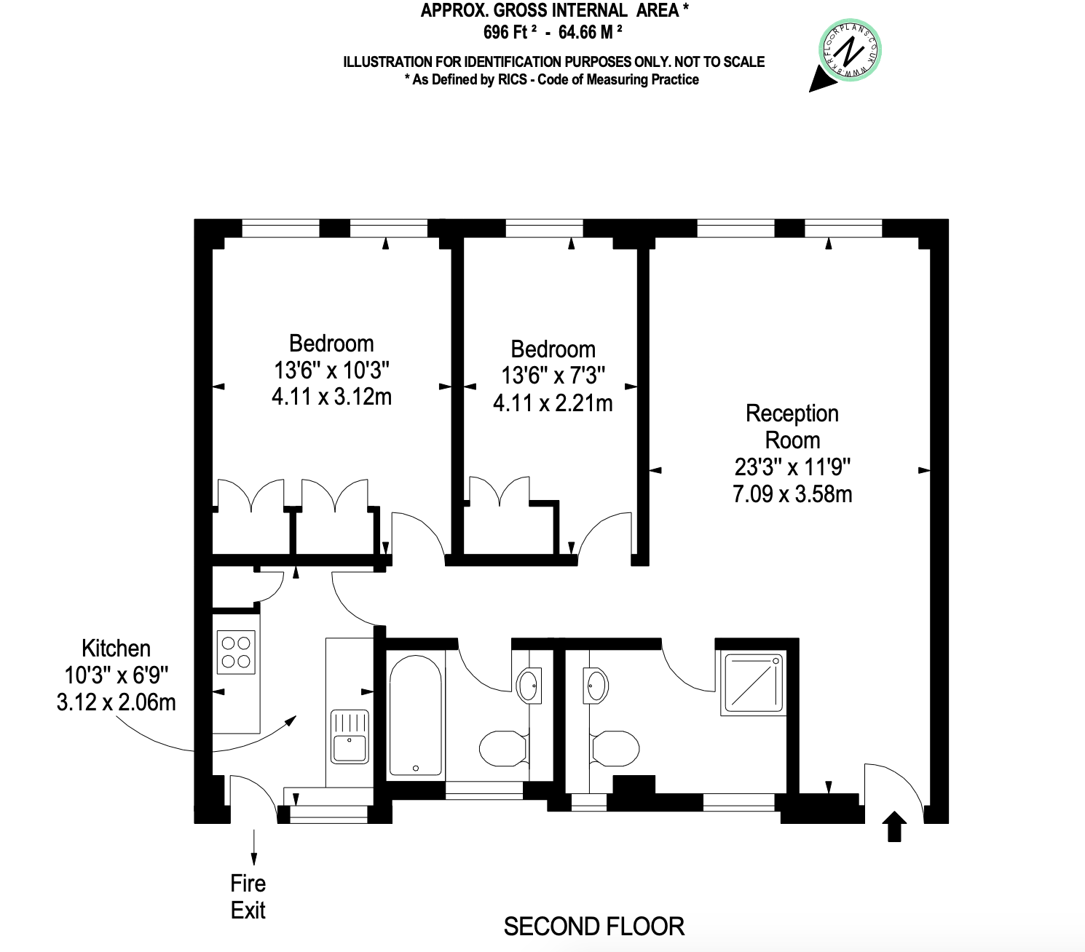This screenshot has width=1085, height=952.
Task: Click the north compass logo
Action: click(x=849, y=52)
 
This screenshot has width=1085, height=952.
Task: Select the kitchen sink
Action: click(x=350, y=737)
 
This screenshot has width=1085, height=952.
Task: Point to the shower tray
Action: click(x=754, y=683)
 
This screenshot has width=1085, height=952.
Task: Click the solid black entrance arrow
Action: click(x=894, y=826)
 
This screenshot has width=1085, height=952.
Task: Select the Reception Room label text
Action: click(x=792, y=427)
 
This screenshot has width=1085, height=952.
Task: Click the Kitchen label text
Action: click(x=117, y=648)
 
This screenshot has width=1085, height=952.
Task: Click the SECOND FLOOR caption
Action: click(x=594, y=927)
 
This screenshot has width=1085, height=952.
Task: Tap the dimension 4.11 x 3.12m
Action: click(x=331, y=397)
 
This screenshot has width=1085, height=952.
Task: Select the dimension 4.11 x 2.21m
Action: click(x=553, y=402)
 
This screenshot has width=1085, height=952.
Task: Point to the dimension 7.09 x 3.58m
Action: click(x=792, y=493)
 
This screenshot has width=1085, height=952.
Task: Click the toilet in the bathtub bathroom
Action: click(x=503, y=748)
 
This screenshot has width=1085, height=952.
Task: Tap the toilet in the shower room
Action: click(x=615, y=748)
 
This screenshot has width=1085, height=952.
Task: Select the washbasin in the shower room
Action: click(x=597, y=685)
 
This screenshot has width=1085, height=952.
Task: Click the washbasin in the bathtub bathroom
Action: click(x=529, y=685)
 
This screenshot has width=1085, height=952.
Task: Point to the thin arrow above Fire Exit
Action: click(x=254, y=847)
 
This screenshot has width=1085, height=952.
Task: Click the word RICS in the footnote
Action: click(x=513, y=80)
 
